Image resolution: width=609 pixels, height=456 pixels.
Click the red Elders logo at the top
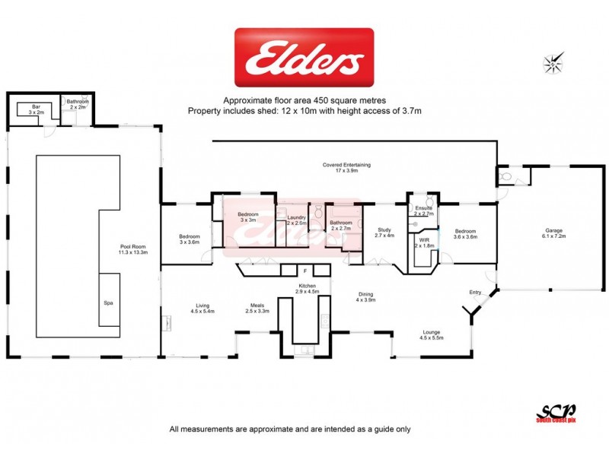(304, 59)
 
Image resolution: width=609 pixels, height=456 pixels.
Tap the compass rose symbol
(553, 63)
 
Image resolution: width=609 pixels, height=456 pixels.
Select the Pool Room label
(133, 249)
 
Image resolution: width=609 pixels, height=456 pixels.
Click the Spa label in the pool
(109, 302)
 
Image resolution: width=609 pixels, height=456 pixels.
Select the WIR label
(424, 242)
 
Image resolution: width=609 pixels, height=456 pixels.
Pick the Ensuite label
(423, 211)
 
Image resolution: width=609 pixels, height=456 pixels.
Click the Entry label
(476, 292)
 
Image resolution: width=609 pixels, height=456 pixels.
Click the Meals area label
(257, 307)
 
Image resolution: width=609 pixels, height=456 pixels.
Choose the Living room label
(202, 307)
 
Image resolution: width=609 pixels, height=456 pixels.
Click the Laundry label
(296, 220)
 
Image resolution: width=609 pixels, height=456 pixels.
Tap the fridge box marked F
(304, 270)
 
